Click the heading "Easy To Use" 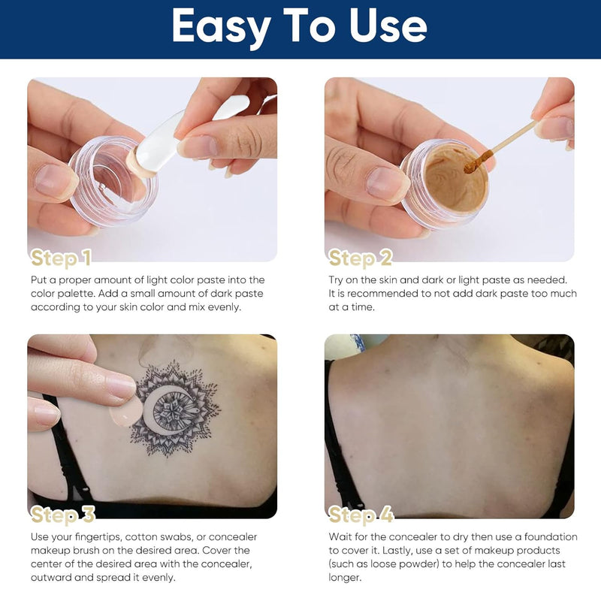click(300, 28)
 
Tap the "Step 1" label click(61, 258)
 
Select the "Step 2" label click(361, 258)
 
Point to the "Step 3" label click(63, 515)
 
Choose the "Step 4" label click(361, 515)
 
